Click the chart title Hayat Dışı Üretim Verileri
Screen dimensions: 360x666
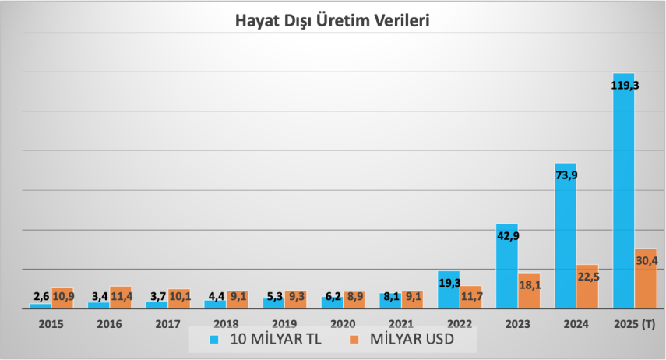[x=333, y=21]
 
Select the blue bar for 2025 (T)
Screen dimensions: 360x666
[x=623, y=195]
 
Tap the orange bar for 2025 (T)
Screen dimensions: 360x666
[x=646, y=284]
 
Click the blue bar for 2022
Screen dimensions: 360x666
[x=448, y=295]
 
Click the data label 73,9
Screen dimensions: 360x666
[x=566, y=175]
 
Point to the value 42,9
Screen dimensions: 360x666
[x=508, y=236]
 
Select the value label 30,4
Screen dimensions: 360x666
[x=647, y=261]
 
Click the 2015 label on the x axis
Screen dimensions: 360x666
[x=51, y=323]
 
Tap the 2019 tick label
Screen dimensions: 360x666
[x=284, y=323]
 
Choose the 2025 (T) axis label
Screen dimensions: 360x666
[x=634, y=323]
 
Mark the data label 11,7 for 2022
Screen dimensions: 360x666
[x=471, y=297]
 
